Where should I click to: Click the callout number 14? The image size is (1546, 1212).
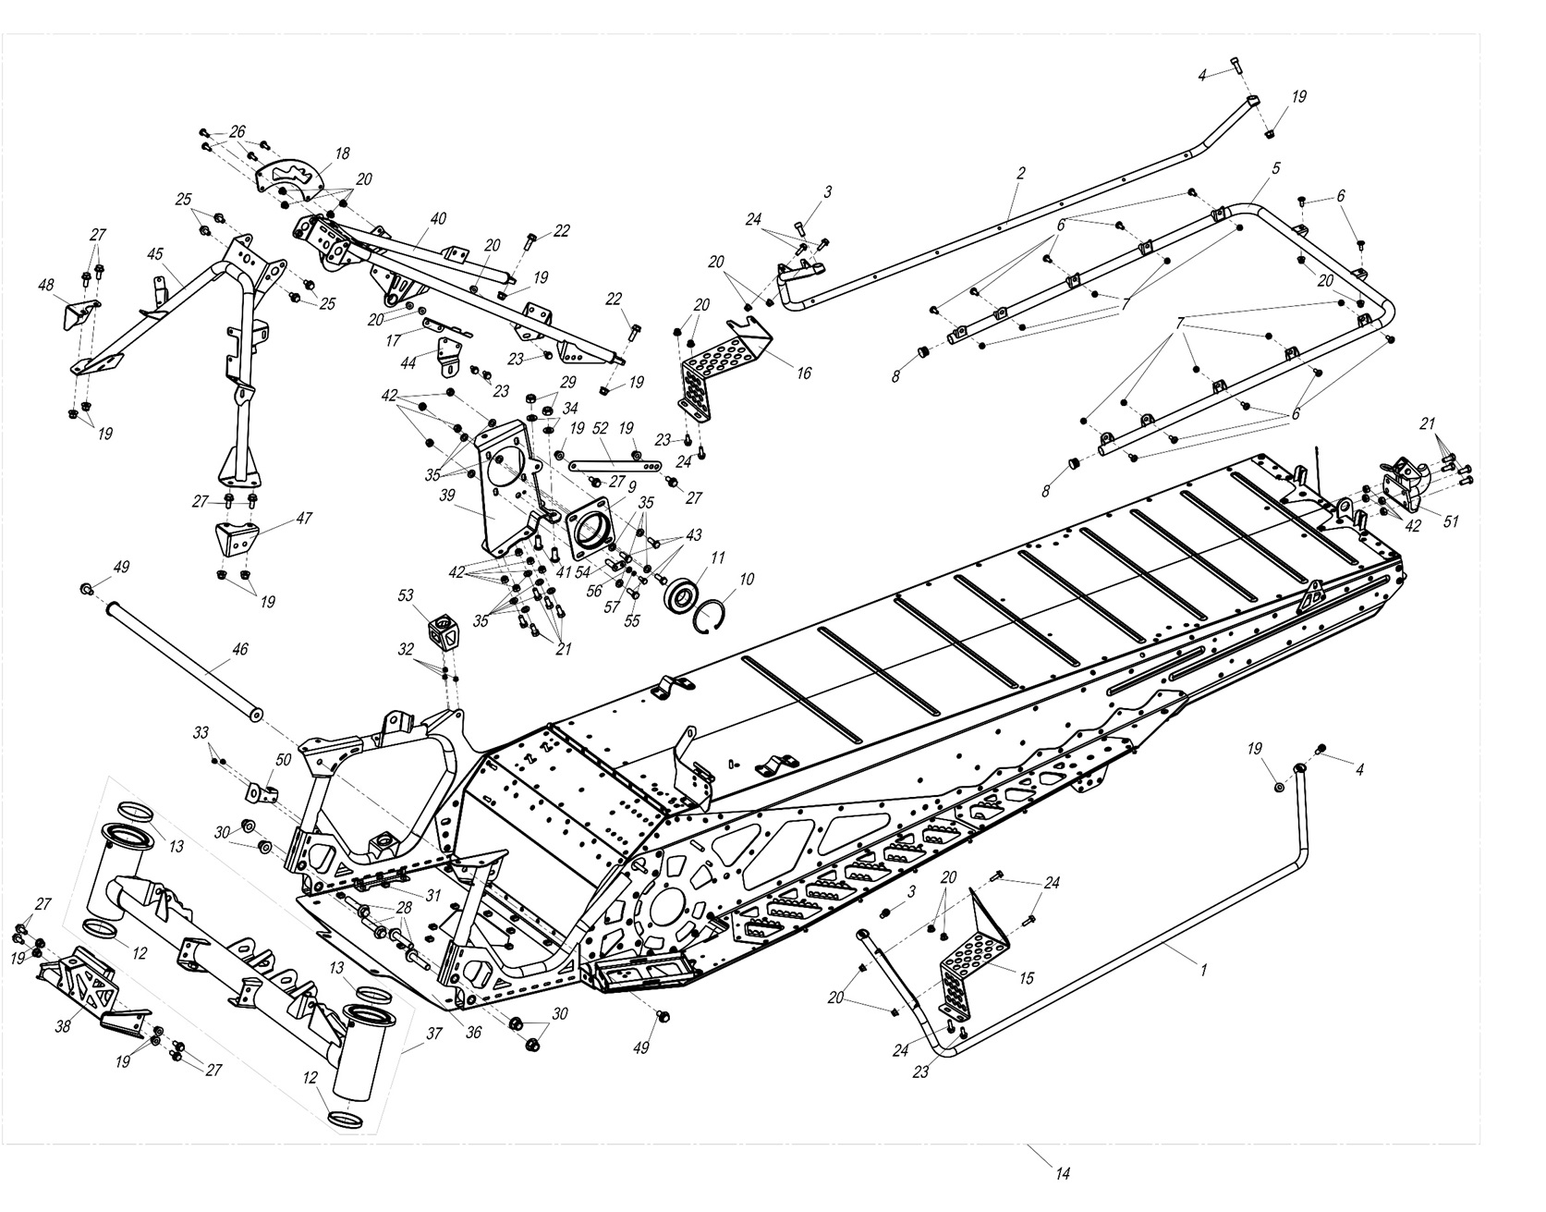tap(1063, 1174)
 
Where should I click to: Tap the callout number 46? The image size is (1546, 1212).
tap(239, 651)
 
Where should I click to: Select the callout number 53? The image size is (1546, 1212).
tap(406, 595)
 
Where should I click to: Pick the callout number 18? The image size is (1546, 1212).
tap(342, 153)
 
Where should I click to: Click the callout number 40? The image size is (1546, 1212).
tap(437, 219)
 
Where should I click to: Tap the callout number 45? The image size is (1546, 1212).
tap(155, 254)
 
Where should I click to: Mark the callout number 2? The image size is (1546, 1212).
tap(1021, 174)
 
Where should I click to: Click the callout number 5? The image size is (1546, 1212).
tap(1275, 169)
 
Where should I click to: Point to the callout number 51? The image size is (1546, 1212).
tap(1451, 521)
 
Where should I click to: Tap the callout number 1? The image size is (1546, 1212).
tap(1203, 970)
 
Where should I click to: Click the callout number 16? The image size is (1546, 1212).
tap(804, 373)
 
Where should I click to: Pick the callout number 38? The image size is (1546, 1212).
tap(62, 1024)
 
